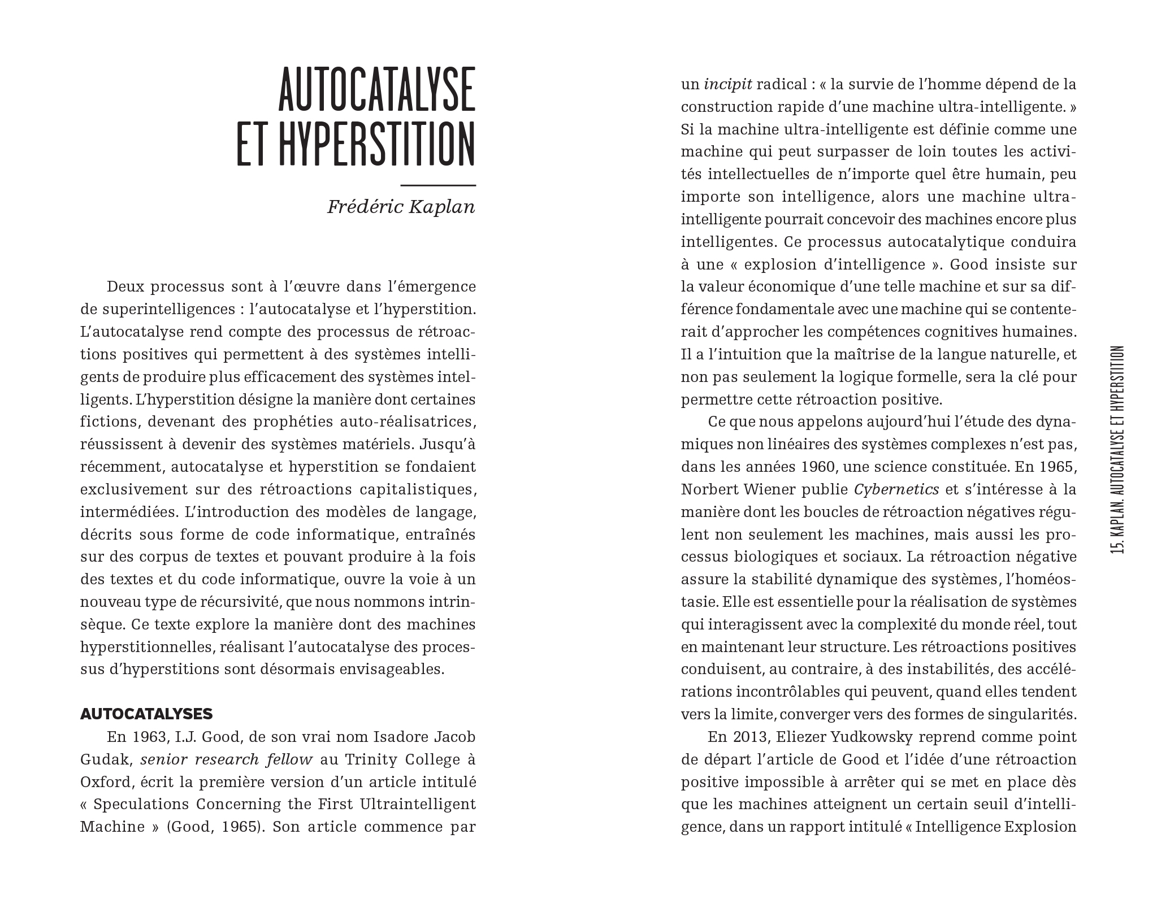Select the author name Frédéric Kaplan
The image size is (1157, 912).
[401, 207]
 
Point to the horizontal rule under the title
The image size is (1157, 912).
[437, 185]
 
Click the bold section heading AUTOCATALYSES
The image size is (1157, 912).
[146, 714]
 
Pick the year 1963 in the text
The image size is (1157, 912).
[150, 737]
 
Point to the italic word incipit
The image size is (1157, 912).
[728, 85]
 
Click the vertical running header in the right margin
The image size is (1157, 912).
[1117, 449]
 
